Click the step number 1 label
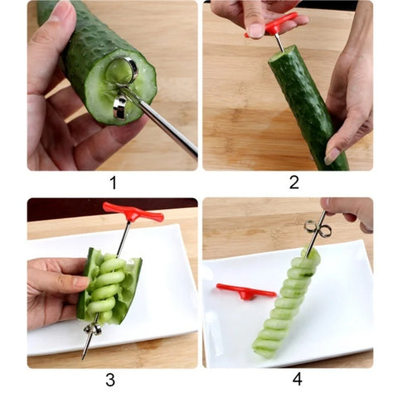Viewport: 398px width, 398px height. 113,182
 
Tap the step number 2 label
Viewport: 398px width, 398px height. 293,182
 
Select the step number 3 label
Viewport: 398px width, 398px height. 111,381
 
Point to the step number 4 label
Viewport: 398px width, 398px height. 296,380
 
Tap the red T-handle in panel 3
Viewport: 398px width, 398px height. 133,212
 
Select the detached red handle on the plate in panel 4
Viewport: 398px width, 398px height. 245,290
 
